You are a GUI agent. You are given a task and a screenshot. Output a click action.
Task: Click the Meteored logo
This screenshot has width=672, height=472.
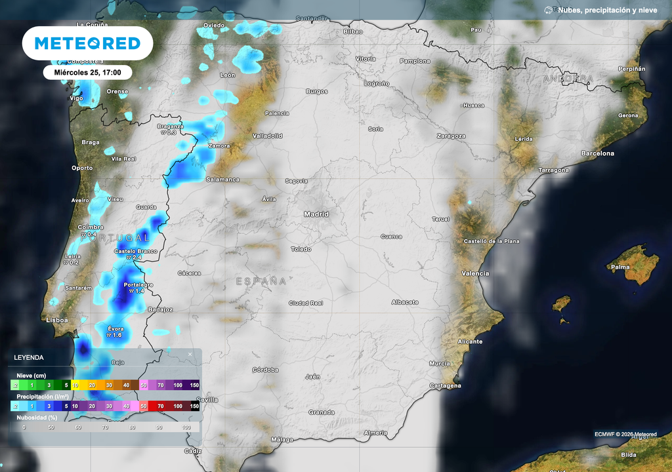click(x=87, y=43)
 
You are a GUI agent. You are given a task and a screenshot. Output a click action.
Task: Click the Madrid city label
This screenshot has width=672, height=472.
click(x=316, y=214)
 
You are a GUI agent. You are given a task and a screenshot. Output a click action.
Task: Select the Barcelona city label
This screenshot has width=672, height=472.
click(x=597, y=153)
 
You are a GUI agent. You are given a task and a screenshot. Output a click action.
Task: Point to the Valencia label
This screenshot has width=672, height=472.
click(x=475, y=273)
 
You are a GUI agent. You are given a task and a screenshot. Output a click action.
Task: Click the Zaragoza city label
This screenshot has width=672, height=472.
click(x=451, y=136)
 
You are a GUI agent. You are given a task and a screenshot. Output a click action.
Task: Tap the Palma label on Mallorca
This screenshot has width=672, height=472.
click(x=620, y=267)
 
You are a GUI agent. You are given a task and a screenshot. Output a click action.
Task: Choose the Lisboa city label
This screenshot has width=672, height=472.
click(x=57, y=320)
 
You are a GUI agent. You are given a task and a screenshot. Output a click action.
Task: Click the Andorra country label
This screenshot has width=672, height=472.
click(x=568, y=79)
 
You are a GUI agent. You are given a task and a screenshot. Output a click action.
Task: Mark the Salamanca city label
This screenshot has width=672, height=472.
click(x=222, y=180)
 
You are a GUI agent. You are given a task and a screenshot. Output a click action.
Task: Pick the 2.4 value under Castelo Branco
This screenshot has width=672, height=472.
click(x=135, y=258)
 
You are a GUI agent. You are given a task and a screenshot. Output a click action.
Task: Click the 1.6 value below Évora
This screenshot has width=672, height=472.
click(x=114, y=335)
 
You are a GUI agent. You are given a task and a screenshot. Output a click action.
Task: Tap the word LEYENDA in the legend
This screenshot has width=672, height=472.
click(x=29, y=357)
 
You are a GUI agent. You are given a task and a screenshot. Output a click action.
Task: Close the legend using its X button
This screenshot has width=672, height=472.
click(x=190, y=355)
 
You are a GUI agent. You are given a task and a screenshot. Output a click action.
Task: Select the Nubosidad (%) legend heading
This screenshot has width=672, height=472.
click(x=37, y=417)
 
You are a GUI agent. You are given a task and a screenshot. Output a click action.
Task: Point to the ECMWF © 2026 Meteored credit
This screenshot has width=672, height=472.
click(x=625, y=434)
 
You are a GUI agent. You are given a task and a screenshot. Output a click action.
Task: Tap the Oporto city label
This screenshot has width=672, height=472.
click(x=82, y=168)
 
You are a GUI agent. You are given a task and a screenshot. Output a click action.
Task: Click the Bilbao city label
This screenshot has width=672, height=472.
click(x=353, y=31)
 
